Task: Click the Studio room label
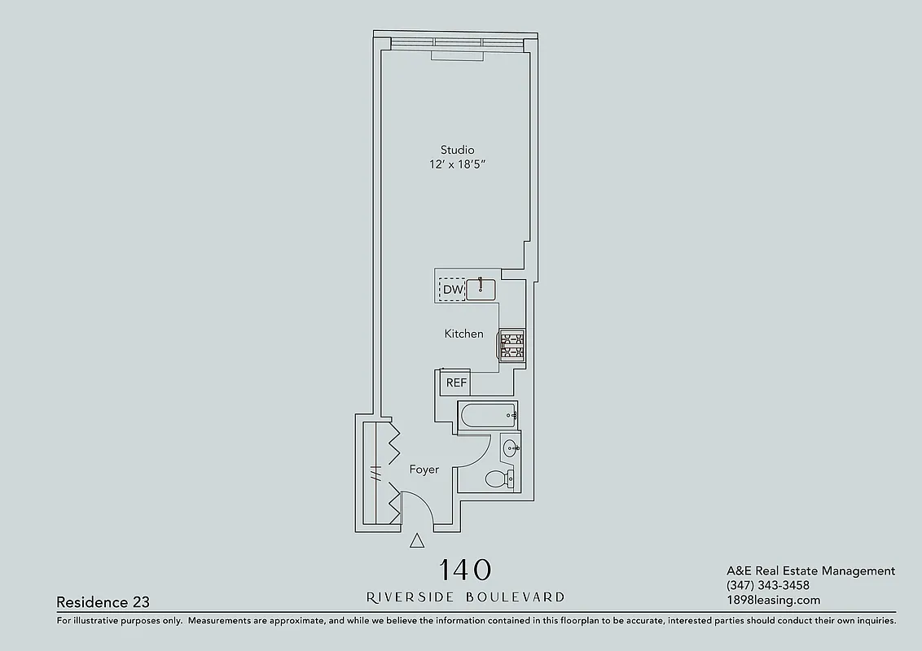pyautogui.click(x=457, y=150)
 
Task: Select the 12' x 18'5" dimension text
pyautogui.click(x=457, y=165)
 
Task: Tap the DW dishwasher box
pyautogui.click(x=452, y=290)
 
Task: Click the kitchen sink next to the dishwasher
pyautogui.click(x=481, y=289)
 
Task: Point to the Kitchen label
pyautogui.click(x=463, y=334)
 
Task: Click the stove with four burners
pyautogui.click(x=511, y=344)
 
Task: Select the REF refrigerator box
pyautogui.click(x=456, y=382)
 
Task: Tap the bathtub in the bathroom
pyautogui.click(x=488, y=416)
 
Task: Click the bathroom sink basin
pyautogui.click(x=511, y=448)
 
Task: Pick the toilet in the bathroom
pyautogui.click(x=498, y=479)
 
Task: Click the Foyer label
pyautogui.click(x=424, y=470)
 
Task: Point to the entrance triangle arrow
pyautogui.click(x=417, y=540)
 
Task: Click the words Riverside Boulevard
pyautogui.click(x=465, y=597)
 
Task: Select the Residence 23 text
pyautogui.click(x=103, y=602)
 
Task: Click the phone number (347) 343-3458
pyautogui.click(x=767, y=586)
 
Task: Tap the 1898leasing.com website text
pyautogui.click(x=773, y=601)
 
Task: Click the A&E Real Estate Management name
pyautogui.click(x=810, y=571)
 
